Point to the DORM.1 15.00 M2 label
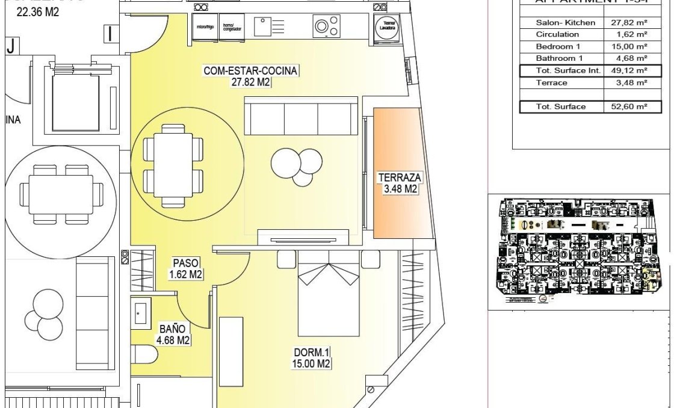click(x=312, y=358)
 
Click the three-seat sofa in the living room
click(x=300, y=119)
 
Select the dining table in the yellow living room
click(x=168, y=164)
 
